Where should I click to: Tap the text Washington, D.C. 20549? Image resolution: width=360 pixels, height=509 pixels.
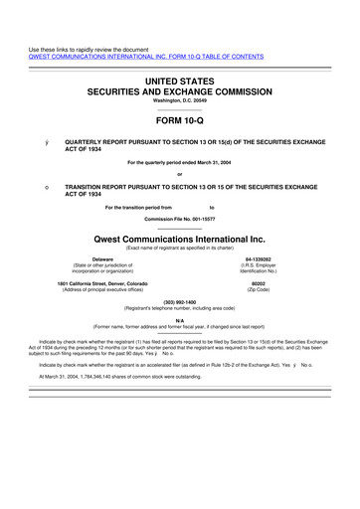tap(180, 100)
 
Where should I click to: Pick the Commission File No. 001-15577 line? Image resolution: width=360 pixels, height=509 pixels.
tap(180, 218)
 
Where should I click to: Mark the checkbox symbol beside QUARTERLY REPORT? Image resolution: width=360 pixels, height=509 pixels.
tap(34, 143)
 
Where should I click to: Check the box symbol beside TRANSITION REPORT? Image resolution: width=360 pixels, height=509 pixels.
tap(34, 187)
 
